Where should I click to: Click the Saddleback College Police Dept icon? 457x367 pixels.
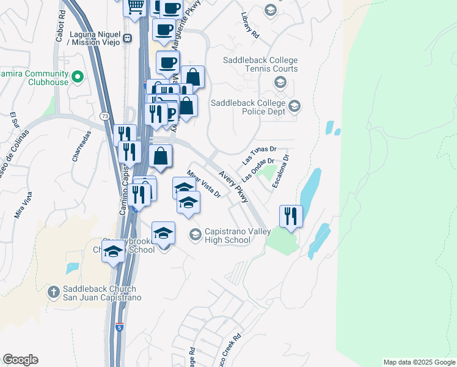coord(294,106)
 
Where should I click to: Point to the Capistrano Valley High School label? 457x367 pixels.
coord(228,235)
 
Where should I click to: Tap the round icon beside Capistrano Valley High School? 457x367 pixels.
coord(195,234)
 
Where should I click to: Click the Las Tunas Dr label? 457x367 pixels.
coord(260,154)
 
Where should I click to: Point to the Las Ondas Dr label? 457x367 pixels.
coord(258,169)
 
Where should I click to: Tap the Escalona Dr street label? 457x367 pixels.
coord(280,171)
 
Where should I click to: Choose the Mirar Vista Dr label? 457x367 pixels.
coord(203,183)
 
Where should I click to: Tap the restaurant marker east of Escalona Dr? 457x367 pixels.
coord(291,216)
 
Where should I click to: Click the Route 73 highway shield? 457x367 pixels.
coord(105,116)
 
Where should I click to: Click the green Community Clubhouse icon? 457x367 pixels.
coord(78,77)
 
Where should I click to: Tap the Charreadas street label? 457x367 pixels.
coord(81,147)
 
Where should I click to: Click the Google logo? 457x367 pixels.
coord(20,360)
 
